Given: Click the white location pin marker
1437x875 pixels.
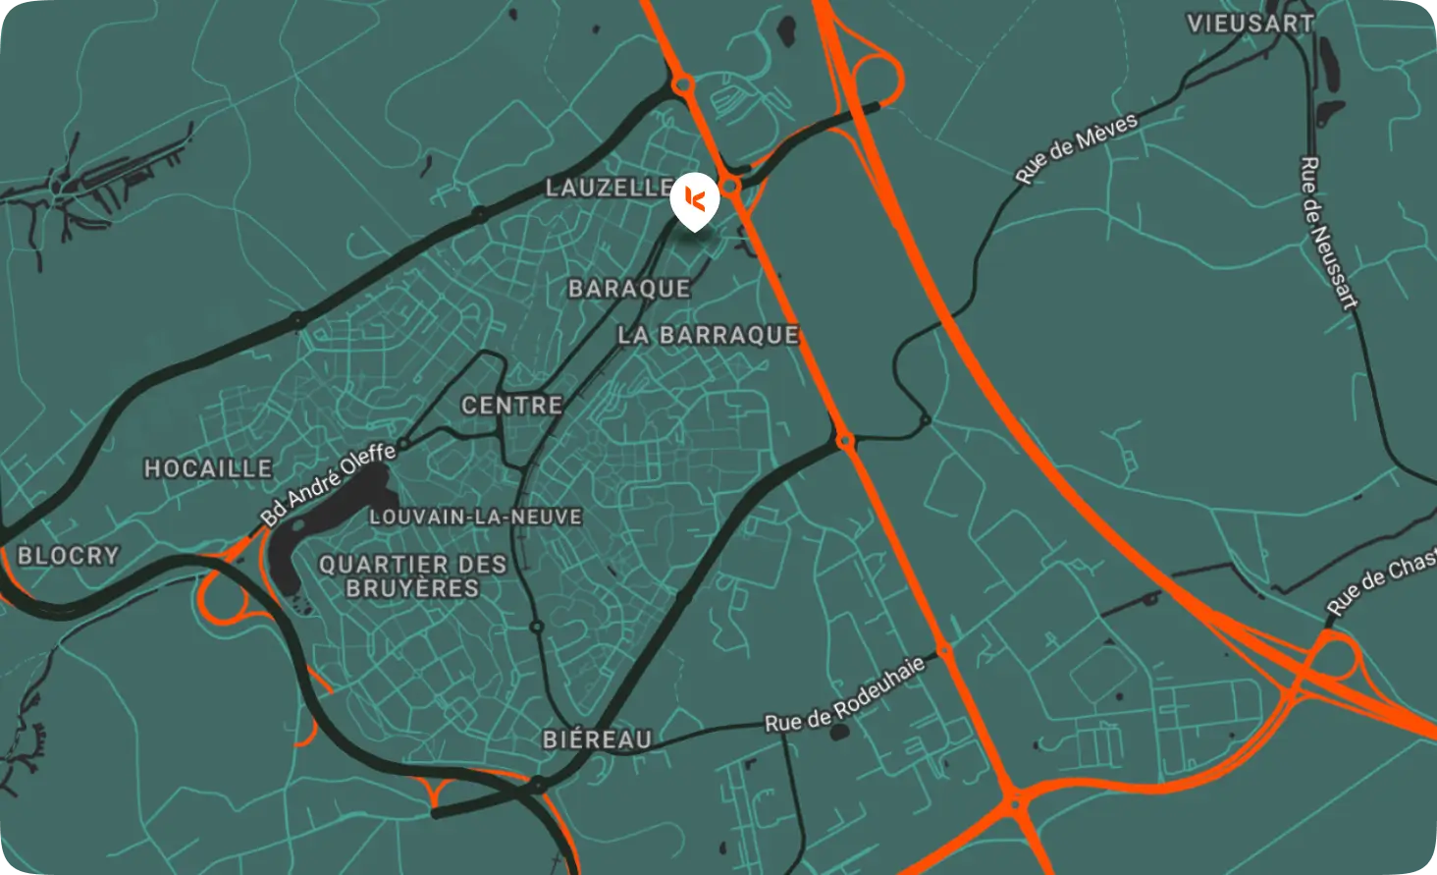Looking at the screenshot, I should click(x=695, y=200).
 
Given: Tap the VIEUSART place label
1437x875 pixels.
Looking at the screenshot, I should click(x=1250, y=24).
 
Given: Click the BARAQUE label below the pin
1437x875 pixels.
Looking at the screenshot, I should click(x=629, y=289).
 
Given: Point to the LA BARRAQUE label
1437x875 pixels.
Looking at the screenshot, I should click(x=708, y=335).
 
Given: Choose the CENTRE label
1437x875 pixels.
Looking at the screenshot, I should click(x=511, y=405).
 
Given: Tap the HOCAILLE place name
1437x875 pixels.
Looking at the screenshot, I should click(x=208, y=468).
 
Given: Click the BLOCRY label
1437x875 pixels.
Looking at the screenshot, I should click(x=68, y=556).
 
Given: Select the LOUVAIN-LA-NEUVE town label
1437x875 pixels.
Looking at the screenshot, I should click(x=475, y=517).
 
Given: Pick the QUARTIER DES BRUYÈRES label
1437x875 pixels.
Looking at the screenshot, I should click(x=412, y=576).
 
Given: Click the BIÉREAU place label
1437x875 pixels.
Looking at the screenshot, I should click(x=597, y=738).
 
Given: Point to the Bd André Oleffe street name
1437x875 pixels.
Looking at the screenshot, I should click(x=328, y=484).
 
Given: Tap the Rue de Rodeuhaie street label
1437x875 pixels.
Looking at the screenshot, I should click(x=844, y=695).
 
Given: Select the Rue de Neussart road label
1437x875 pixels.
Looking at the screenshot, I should click(x=1329, y=233).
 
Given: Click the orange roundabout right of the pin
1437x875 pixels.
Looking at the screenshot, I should click(x=730, y=185).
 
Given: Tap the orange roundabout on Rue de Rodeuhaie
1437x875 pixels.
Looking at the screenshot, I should click(x=943, y=651).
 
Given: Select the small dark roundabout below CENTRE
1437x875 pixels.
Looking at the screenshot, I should click(x=537, y=626).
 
